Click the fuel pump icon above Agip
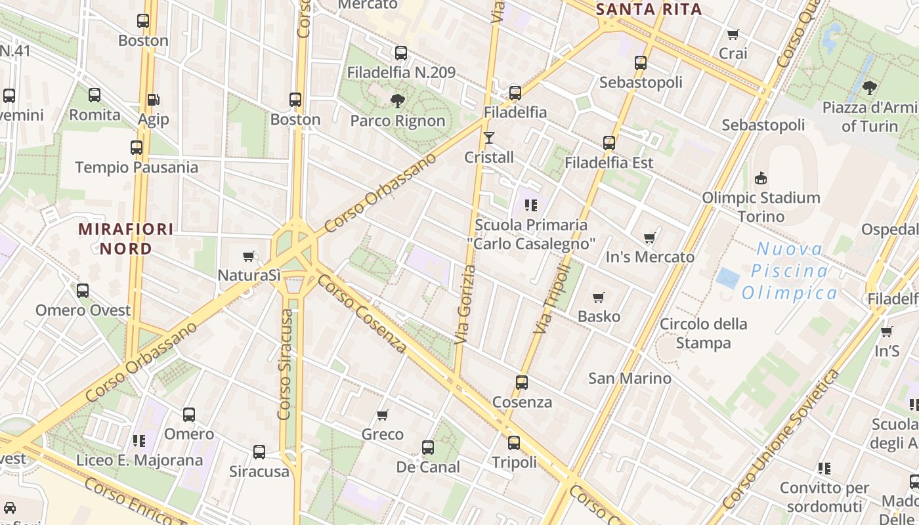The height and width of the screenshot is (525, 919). click(x=153, y=100)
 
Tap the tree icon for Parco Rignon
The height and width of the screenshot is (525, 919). click(x=397, y=101)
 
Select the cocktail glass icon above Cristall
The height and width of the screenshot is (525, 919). click(x=488, y=138)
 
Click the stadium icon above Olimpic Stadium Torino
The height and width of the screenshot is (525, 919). click(x=761, y=178)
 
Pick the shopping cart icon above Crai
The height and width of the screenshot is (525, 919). click(x=733, y=34)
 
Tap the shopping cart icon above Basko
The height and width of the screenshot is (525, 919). click(x=598, y=297)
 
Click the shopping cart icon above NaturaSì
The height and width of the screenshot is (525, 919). click(x=248, y=256)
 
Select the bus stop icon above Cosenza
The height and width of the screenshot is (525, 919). click(x=522, y=382)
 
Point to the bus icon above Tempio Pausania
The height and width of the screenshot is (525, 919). click(x=137, y=148)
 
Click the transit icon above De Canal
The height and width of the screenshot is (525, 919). click(x=428, y=448)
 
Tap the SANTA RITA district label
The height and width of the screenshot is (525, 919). click(x=649, y=9)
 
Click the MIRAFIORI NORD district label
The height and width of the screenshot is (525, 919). click(x=126, y=239)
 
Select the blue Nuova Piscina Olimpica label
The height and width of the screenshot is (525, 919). click(x=790, y=270)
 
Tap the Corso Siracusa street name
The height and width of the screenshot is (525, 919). click(x=286, y=364)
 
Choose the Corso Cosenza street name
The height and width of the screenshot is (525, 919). click(x=362, y=313)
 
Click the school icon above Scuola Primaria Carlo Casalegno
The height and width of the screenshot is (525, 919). click(x=531, y=205)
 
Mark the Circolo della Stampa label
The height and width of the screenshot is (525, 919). click(x=703, y=333)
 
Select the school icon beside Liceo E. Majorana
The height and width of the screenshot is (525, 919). click(x=139, y=440)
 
